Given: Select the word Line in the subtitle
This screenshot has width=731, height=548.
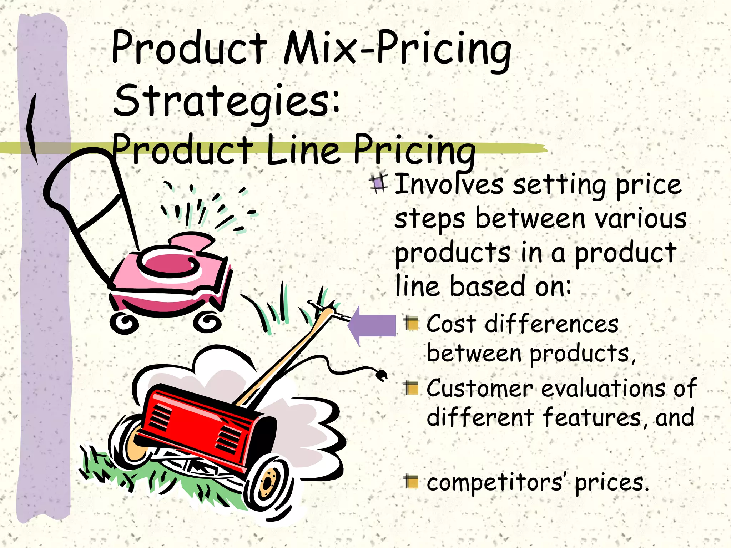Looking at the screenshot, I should (x=303, y=150).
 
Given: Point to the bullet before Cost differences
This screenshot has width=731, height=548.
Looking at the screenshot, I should (x=412, y=324).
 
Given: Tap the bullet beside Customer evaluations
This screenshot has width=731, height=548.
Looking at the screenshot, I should (x=412, y=388).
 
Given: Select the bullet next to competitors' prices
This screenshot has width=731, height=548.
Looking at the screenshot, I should (x=412, y=481).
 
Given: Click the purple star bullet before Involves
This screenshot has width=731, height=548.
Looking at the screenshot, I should (x=378, y=183).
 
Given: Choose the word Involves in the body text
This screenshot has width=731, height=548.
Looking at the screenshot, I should (x=449, y=184).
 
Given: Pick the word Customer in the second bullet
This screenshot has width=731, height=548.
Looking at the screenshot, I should (x=479, y=388).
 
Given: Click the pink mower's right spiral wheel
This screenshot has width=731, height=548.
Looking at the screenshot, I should (x=207, y=322).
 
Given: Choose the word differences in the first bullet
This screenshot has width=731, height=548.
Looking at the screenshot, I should (x=551, y=324).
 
